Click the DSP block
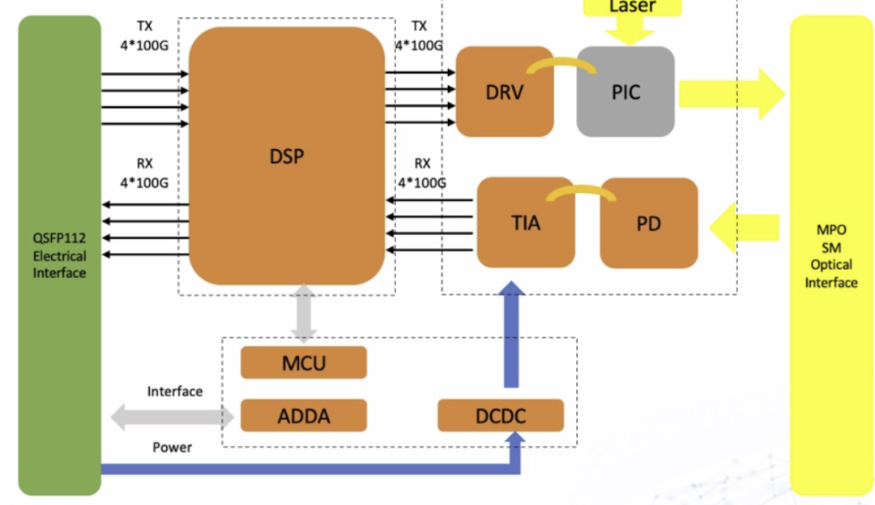coord(287,156)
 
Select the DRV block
coord(504,92)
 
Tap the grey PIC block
coord(625,92)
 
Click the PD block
coord(648,223)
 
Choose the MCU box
coord(304,362)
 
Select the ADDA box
coord(304,416)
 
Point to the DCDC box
coord(501,416)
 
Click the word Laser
coord(632,7)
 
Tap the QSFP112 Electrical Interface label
coord(59,256)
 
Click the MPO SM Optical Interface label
coord(831,256)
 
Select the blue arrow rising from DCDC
coord(511,334)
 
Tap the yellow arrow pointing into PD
coord(743,227)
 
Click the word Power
coord(172,447)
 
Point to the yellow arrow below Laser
coord(630,32)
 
